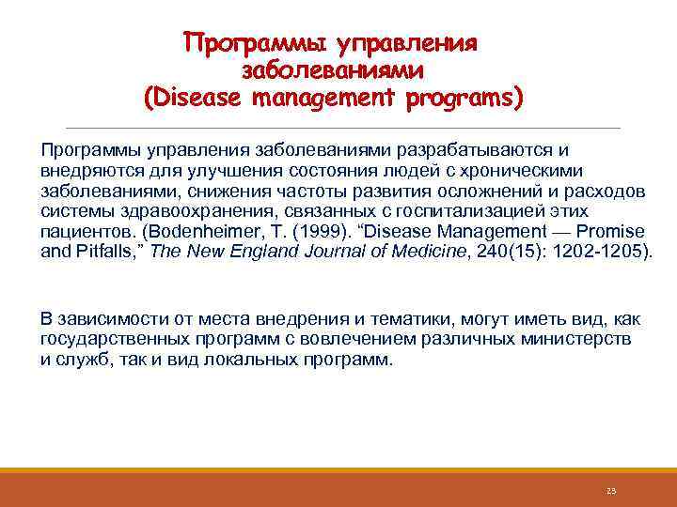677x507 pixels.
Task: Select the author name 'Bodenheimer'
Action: (x=192, y=231)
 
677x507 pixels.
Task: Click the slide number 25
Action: (x=610, y=490)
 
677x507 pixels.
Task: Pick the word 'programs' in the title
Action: (x=463, y=97)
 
